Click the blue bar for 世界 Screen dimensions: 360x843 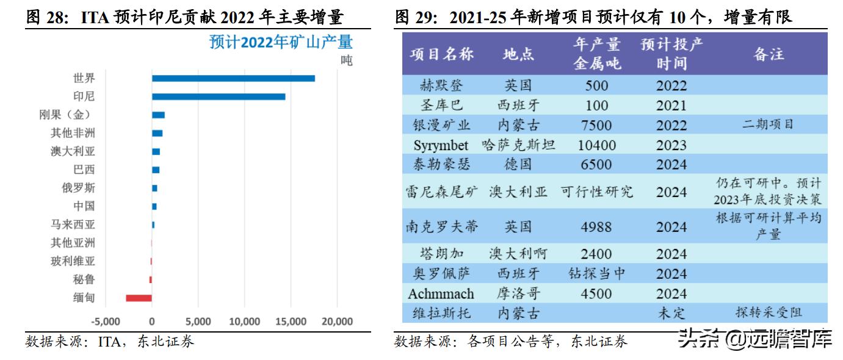[x=233, y=78]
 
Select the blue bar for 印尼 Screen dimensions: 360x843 [x=219, y=96]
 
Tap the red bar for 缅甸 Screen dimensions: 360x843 [x=139, y=298]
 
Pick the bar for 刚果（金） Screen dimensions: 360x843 [x=158, y=115]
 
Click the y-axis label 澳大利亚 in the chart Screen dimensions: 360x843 [x=73, y=151]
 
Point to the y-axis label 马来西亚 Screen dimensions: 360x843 [x=73, y=225]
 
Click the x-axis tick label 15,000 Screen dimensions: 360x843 [x=291, y=322]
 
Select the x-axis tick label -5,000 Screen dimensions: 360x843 [x=105, y=322]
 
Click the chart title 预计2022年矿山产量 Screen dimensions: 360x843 [x=281, y=43]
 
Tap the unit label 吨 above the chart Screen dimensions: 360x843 [x=346, y=61]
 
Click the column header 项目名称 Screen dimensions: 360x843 [x=442, y=54]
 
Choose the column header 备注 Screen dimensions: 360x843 [x=769, y=54]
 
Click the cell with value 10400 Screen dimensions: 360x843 [x=596, y=145]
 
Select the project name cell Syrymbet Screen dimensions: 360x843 [x=441, y=145]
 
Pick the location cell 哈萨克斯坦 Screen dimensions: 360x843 [x=518, y=145]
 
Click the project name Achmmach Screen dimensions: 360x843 [x=441, y=293]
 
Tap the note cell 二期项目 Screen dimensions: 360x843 [x=768, y=124]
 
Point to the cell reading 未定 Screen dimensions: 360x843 [x=671, y=313]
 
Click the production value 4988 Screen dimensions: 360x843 [x=596, y=227]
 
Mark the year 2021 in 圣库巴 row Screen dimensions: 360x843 [x=671, y=105]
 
